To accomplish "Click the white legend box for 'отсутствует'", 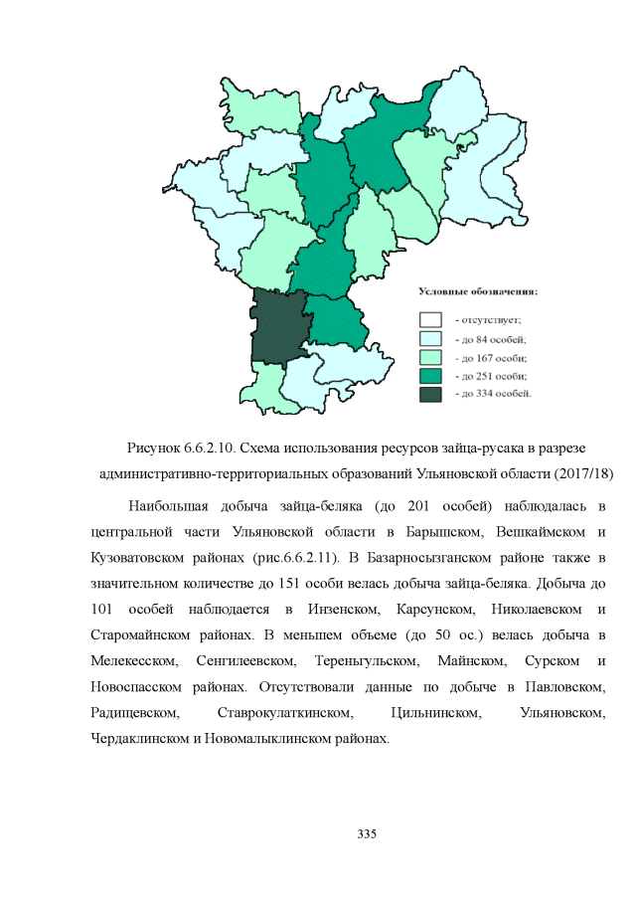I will [x=430, y=320].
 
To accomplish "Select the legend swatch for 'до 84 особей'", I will [x=430, y=339].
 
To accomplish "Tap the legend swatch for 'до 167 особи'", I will [x=430, y=357].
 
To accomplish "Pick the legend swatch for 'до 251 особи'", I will [x=430, y=376].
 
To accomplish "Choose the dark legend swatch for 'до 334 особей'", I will [x=430, y=394].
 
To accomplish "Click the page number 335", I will [x=367, y=832].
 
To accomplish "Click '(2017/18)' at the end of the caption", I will [x=582, y=470].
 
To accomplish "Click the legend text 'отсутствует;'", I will [x=488, y=320].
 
